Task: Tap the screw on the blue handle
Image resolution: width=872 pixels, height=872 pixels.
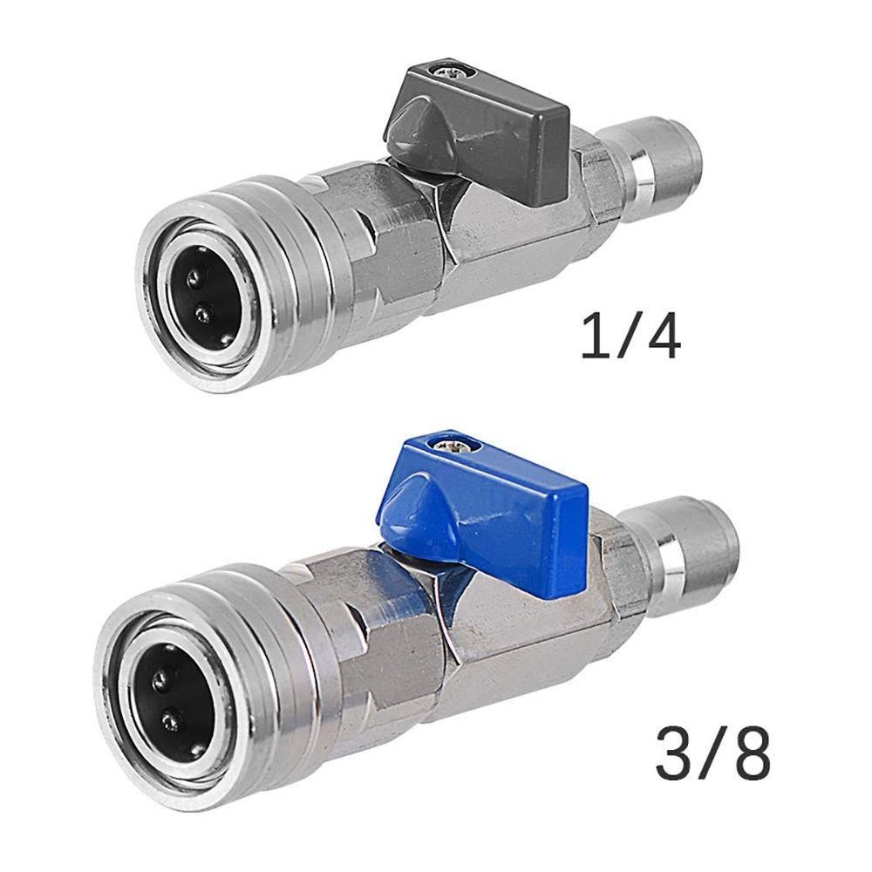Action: pyautogui.click(x=451, y=446)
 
